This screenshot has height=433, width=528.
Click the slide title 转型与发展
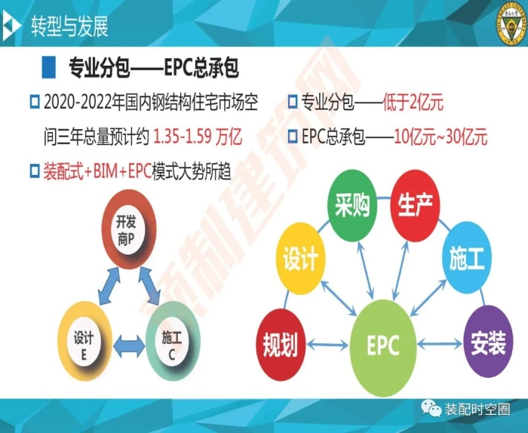[x=69, y=26]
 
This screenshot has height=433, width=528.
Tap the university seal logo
[x=512, y=25]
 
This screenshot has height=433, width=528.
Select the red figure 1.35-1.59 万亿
[x=198, y=137]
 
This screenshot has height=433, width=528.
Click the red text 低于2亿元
[x=413, y=102]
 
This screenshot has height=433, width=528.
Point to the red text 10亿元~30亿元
[x=441, y=137]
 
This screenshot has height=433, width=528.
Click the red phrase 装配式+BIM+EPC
[x=97, y=171]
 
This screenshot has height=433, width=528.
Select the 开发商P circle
[x=129, y=229]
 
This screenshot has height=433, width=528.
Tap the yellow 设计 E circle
[x=84, y=341]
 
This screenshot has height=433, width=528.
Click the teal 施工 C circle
[x=173, y=341]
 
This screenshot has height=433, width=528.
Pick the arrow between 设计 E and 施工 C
[x=129, y=346]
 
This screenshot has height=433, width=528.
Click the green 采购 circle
[x=352, y=205]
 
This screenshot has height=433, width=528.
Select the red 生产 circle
[x=415, y=205]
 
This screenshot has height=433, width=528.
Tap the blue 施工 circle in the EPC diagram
[x=467, y=257]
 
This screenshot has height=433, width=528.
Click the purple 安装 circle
[x=488, y=342]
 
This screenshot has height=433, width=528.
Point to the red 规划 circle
[x=281, y=345]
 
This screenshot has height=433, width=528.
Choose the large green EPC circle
[x=383, y=348]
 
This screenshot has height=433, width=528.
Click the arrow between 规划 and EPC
[x=327, y=345]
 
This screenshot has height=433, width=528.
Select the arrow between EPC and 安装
[x=440, y=344]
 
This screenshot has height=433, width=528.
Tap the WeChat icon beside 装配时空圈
[x=431, y=408]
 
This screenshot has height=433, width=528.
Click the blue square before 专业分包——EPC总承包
[x=48, y=67]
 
